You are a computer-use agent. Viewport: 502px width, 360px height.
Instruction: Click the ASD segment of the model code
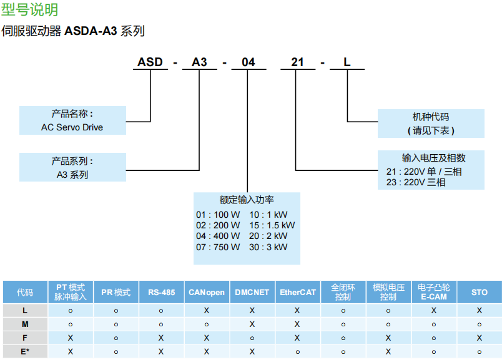[150, 62]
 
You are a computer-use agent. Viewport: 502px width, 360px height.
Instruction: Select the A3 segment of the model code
[199, 62]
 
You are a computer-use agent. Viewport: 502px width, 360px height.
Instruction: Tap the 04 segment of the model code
[249, 62]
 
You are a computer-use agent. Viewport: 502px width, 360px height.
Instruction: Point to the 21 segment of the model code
[298, 62]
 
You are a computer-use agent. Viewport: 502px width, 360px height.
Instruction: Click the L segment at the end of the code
[347, 62]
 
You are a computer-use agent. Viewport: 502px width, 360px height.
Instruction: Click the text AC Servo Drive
[72, 127]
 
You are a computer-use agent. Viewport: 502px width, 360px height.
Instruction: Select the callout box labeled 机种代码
[431, 123]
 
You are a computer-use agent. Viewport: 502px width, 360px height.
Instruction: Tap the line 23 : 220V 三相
[416, 182]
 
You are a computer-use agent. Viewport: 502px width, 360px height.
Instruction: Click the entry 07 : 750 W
[218, 247]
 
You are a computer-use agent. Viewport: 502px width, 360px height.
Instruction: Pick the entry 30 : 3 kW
[268, 247]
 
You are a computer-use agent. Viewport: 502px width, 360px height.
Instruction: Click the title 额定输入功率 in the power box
[247, 200]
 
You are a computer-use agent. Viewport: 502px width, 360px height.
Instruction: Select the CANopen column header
[207, 292]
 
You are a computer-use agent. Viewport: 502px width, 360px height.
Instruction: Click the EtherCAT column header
[297, 292]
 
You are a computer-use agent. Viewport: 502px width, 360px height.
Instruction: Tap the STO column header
[479, 292]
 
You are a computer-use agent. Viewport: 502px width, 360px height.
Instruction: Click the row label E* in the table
[25, 351]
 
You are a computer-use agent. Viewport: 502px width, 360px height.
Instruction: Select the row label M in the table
[25, 324]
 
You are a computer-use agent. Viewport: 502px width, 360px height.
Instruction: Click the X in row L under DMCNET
[252, 310]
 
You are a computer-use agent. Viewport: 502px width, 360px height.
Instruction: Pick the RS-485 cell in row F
[161, 338]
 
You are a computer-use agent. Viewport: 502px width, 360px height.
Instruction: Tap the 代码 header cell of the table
[25, 292]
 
